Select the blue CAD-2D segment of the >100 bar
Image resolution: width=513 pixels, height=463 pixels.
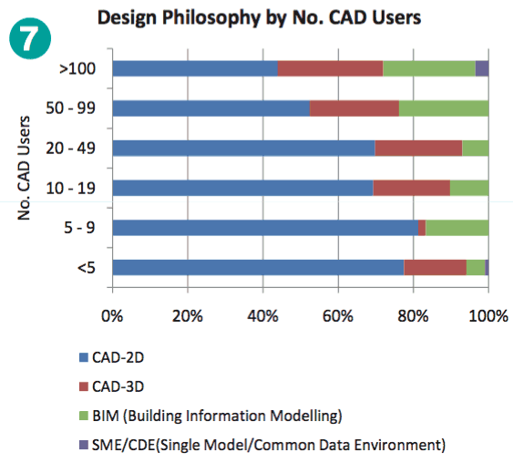(194, 68)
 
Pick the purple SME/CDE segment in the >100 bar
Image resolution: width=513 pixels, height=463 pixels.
(482, 68)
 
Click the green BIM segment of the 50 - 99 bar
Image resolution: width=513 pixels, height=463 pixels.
(444, 108)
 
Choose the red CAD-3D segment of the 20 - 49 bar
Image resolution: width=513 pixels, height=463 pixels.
(418, 148)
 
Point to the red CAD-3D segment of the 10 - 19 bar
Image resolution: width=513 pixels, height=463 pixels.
(411, 188)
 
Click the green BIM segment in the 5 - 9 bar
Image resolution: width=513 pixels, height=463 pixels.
(457, 227)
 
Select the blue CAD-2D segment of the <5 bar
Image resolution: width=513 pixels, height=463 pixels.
(258, 267)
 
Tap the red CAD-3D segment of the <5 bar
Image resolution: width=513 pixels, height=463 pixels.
(435, 267)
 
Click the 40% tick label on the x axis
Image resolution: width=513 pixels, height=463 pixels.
(262, 315)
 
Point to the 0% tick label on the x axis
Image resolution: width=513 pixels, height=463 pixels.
(112, 315)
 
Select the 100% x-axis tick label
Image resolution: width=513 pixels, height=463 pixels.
(488, 315)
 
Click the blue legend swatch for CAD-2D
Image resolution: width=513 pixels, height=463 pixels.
(85, 356)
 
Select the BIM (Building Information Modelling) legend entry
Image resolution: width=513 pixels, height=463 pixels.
(216, 416)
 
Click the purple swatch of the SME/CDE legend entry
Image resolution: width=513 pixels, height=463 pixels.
(85, 446)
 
